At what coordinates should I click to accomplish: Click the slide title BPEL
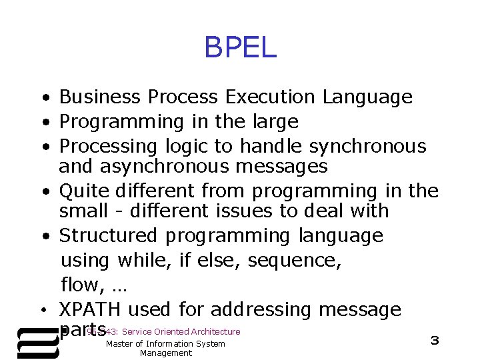(x=240, y=48)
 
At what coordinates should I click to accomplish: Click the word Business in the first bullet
(x=100, y=98)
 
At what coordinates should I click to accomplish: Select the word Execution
(x=271, y=98)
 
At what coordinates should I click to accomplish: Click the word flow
(x=81, y=285)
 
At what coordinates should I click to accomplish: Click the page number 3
(x=435, y=341)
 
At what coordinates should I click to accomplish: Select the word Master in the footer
(x=121, y=343)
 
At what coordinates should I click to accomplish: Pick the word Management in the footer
(x=165, y=353)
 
